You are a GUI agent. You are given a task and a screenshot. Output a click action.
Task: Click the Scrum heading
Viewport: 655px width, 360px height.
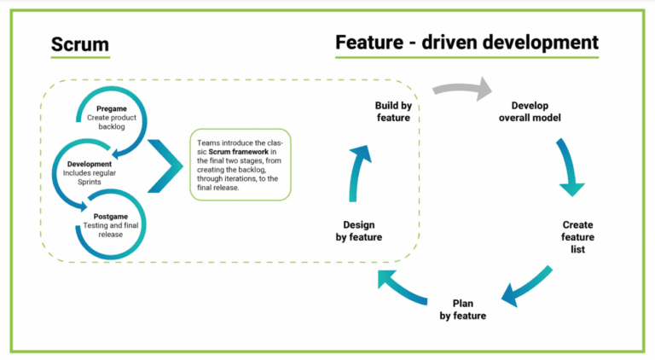79,44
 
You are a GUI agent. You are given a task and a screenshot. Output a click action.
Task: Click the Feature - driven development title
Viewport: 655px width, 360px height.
466,42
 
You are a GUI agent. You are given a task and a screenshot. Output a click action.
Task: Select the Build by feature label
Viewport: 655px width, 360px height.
393,111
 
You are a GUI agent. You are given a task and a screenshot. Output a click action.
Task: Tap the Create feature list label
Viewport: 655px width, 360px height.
577,236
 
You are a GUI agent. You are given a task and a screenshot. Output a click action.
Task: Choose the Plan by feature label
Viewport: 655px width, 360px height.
463,310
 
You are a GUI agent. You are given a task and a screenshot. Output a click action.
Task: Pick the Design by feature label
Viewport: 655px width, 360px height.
358,231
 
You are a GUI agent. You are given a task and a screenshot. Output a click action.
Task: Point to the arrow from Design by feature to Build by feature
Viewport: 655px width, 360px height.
358,171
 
